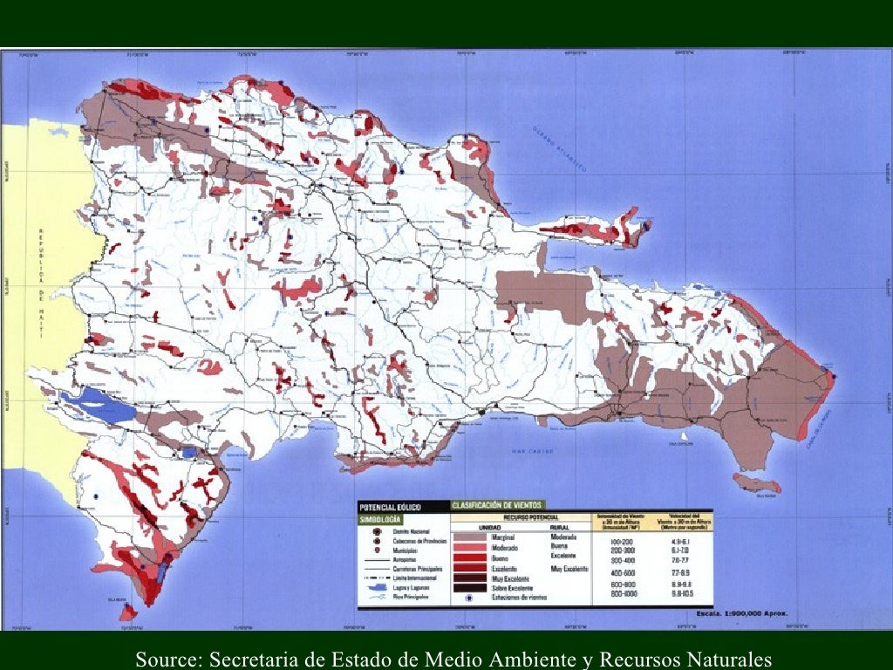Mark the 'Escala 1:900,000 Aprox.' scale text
742,613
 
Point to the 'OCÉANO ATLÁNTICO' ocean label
562,146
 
